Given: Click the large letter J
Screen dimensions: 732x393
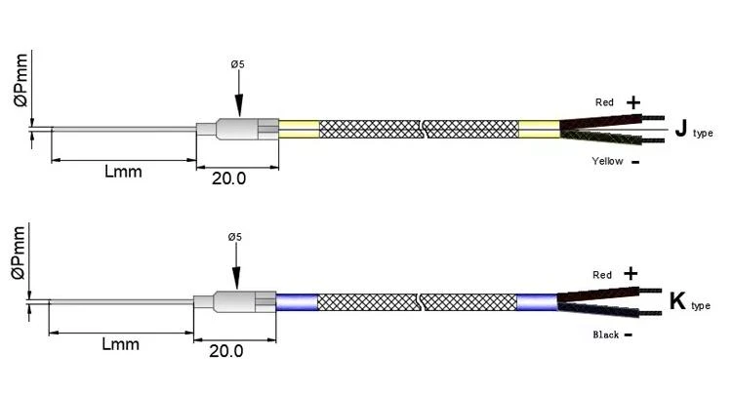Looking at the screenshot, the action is [681, 128].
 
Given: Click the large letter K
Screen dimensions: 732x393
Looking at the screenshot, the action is [677, 300].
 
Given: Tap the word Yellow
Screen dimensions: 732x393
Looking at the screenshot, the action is [607, 161].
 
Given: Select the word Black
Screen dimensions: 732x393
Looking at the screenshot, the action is [605, 334].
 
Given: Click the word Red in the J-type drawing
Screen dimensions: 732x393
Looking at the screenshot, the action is [604, 102].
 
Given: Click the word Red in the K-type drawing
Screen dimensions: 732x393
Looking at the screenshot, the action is [602, 275].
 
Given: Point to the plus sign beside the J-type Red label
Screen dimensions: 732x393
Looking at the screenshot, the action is [633, 102].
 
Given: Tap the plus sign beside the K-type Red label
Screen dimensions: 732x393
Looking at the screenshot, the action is [630, 273].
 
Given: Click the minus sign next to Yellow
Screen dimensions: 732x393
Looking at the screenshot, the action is [635, 162].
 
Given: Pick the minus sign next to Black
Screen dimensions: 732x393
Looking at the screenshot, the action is [629, 334].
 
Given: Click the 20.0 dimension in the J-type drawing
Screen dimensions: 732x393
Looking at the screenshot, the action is [228, 178].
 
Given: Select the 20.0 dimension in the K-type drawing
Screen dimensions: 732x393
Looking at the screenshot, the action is [226, 350].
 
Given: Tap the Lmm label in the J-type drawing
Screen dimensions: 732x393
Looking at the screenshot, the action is [123, 171].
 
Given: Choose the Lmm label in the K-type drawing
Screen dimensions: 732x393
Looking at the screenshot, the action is [120, 344].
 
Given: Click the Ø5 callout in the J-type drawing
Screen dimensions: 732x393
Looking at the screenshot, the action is [237, 64].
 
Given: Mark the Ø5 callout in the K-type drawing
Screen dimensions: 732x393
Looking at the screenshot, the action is [235, 237].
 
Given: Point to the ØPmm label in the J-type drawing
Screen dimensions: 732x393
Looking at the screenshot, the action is [21, 80].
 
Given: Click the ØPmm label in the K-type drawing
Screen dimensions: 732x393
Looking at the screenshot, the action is [19, 253].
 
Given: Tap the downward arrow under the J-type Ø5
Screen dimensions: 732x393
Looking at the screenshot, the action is [238, 94].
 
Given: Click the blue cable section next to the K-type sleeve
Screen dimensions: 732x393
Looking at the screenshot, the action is [297, 302].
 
